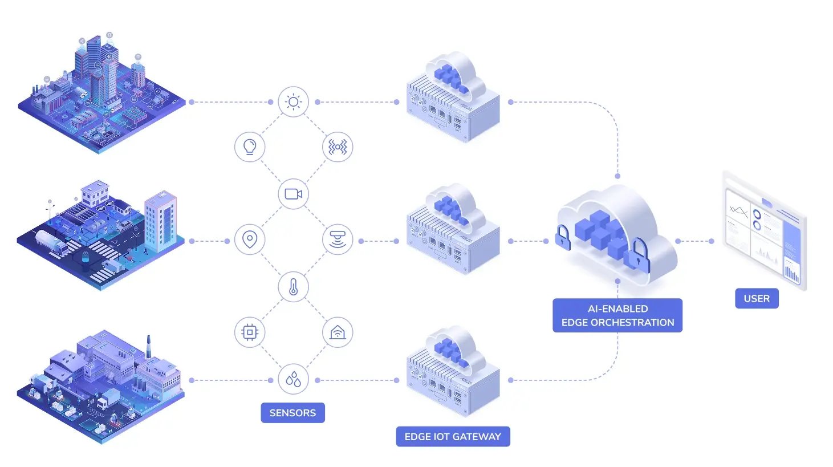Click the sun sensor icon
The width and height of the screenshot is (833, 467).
(293, 102)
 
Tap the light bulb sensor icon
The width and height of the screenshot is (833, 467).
(250, 147)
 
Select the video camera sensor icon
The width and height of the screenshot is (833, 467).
(293, 194)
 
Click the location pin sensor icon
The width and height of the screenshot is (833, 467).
(250, 239)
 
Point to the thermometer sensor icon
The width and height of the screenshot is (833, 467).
(293, 286)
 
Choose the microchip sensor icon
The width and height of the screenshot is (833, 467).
(250, 332)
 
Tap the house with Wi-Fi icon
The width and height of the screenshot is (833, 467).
(338, 332)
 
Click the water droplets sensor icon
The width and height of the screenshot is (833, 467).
(293, 379)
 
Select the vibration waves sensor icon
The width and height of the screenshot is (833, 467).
(338, 147)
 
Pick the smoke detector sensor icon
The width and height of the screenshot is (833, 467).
(338, 239)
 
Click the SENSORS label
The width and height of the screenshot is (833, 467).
(292, 413)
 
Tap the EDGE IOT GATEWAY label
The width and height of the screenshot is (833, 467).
(453, 437)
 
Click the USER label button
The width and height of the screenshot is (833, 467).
(757, 299)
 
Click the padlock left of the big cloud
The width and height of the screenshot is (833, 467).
(563, 238)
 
